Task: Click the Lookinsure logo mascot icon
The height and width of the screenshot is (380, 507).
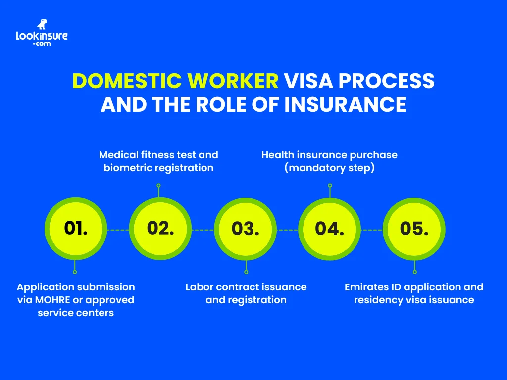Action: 42,25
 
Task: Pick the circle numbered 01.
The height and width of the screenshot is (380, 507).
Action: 75,229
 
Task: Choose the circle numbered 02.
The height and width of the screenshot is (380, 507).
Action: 160,229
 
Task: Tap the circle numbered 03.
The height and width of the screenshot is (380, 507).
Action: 245,229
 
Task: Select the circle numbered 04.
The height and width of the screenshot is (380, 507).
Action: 330,229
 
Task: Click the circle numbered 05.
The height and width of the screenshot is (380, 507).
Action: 414,229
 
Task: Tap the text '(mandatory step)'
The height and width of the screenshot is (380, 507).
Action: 329,168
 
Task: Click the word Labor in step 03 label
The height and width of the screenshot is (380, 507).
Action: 199,287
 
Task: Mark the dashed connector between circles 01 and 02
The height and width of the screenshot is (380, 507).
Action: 118,230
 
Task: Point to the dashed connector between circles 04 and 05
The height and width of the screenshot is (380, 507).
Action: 372,230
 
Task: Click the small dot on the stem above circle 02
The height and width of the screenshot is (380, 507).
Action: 158,186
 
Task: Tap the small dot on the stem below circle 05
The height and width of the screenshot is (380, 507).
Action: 415,272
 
